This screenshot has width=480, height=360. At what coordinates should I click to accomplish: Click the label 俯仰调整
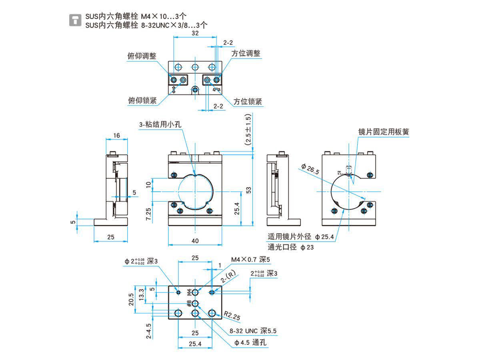(x=142, y=56)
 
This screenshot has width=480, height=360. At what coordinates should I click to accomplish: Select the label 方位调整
(x=246, y=53)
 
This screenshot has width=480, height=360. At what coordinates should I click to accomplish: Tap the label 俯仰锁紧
(x=142, y=101)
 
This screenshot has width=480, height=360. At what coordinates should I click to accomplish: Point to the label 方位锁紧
(x=248, y=102)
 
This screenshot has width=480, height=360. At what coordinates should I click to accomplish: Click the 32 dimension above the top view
(x=195, y=34)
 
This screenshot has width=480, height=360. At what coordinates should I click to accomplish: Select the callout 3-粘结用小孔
(x=160, y=125)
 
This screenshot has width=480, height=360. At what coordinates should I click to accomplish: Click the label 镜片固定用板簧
(x=384, y=132)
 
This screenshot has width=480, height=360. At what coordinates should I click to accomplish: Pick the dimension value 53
(x=249, y=190)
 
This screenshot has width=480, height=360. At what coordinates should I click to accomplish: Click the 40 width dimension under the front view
(x=195, y=241)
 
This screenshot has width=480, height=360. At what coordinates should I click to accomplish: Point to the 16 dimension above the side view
(x=116, y=136)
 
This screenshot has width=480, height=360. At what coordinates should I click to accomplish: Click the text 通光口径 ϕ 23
(x=291, y=247)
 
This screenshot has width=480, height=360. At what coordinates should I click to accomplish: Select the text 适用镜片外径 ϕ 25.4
(x=301, y=237)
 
